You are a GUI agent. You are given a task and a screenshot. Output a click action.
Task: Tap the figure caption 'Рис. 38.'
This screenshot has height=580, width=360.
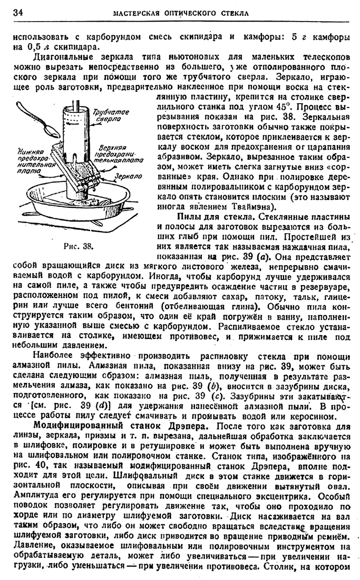[78, 246]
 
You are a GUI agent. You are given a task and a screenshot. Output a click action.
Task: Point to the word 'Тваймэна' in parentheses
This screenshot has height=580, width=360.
[260, 206]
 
